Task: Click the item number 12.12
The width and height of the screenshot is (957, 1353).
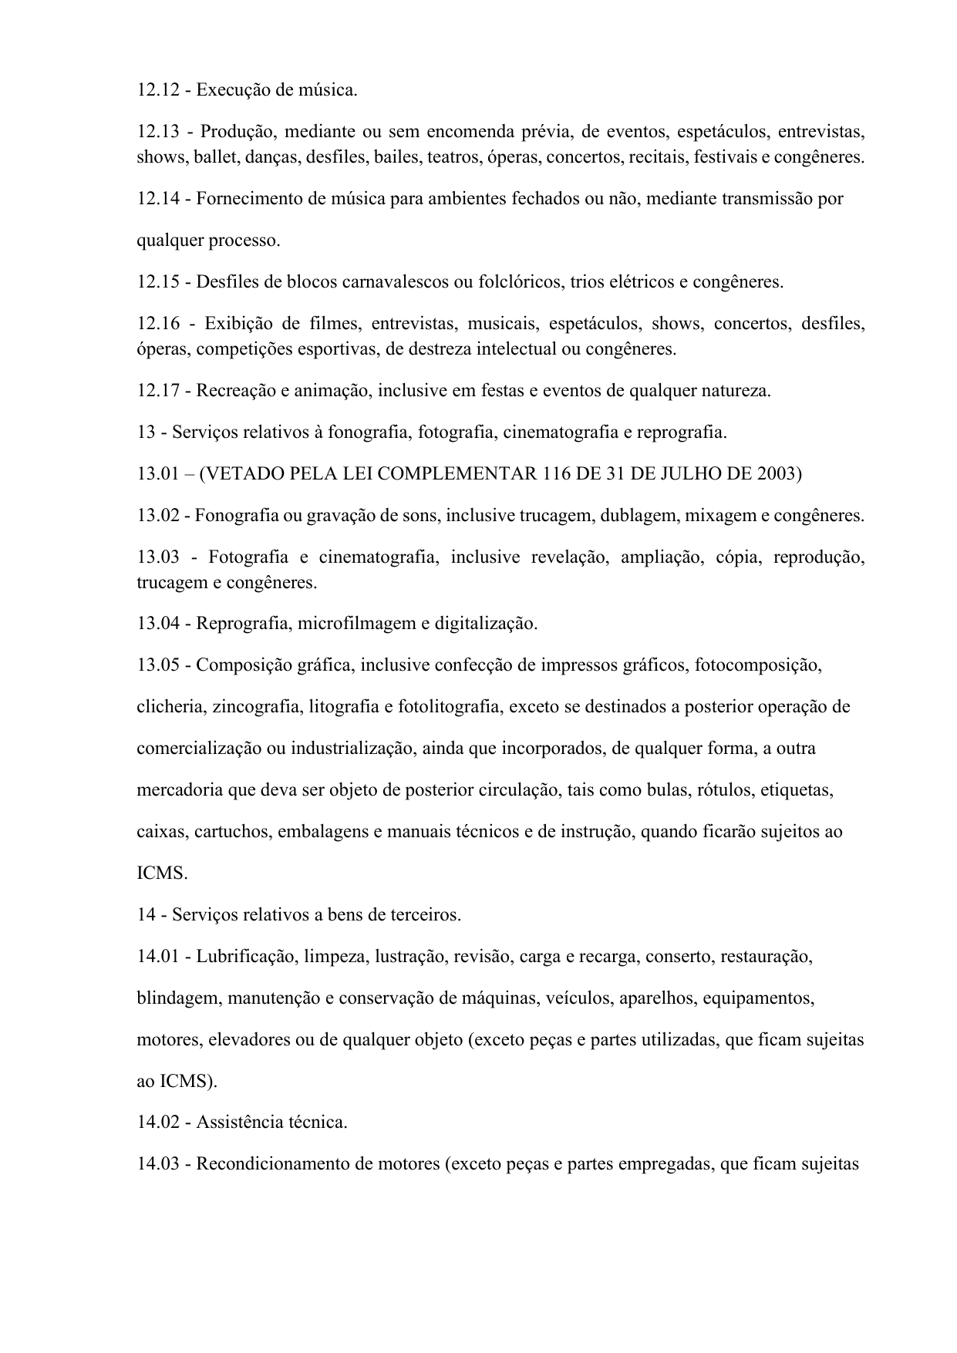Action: click(x=157, y=90)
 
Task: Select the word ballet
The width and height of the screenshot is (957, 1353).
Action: click(x=217, y=157)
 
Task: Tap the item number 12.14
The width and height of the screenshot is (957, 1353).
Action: click(x=157, y=199)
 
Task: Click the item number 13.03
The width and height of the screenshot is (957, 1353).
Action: click(x=157, y=557)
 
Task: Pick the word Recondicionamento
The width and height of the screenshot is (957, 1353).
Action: click(x=273, y=1164)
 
